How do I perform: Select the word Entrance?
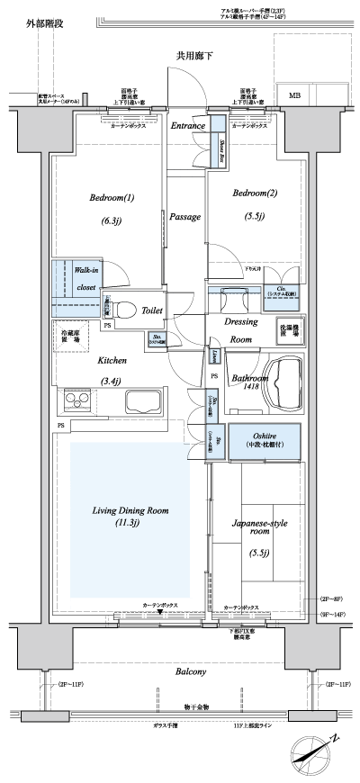pyautogui.click(x=187, y=126)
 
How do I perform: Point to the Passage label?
pyautogui.click(x=184, y=217)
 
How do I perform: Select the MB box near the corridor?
pyautogui.click(x=295, y=94)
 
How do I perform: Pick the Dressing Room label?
pyautogui.click(x=240, y=329)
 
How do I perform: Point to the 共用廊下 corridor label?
pyautogui.click(x=194, y=57)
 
